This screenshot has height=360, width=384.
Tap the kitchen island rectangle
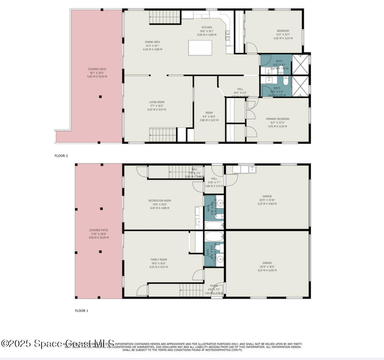pos(200,48)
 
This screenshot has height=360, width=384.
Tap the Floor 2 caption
pos(61,156)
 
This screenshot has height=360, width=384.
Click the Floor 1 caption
pos(82,311)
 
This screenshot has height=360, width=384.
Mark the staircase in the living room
pos(162,134)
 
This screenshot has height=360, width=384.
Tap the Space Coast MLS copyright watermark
pos(58,344)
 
